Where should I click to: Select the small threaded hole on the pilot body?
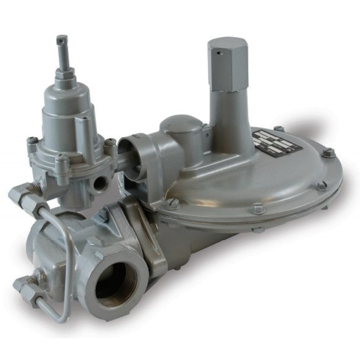coord(99,183)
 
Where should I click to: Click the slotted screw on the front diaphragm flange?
coord(173,203)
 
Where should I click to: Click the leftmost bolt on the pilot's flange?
coord(32,141)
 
